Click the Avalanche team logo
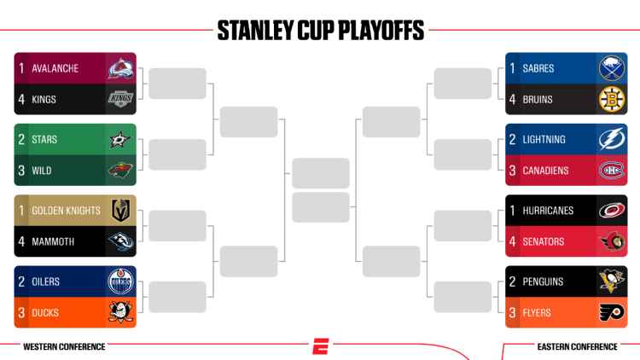(x=120, y=68)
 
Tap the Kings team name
(x=44, y=100)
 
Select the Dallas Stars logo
(x=120, y=139)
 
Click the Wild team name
(x=42, y=171)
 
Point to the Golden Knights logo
(x=120, y=211)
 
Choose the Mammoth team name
(x=53, y=241)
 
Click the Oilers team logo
(x=120, y=282)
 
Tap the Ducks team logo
(x=120, y=313)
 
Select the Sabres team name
(x=539, y=68)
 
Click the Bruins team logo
(x=612, y=100)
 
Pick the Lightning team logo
(x=612, y=139)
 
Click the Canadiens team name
(x=545, y=171)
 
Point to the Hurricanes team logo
(x=612, y=211)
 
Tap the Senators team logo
(x=612, y=241)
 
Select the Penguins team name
(x=544, y=282)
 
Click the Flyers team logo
(x=612, y=313)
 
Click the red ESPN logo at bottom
(x=320, y=347)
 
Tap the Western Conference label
(x=64, y=347)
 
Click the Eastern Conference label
(x=576, y=347)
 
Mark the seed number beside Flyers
(x=512, y=313)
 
